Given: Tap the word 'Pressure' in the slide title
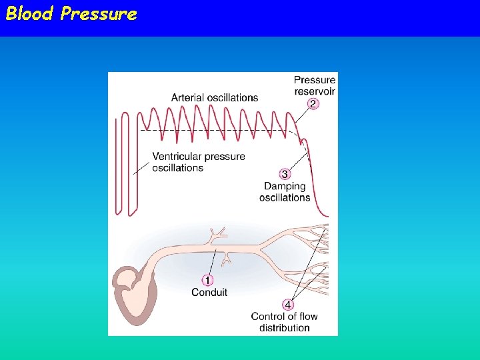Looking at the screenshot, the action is coord(99,14).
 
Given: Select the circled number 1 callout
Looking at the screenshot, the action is coord(208,281).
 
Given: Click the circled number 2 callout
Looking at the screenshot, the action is coord(313,103).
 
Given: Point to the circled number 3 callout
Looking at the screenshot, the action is coord(285,175).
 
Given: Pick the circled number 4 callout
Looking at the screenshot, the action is coord(289,305).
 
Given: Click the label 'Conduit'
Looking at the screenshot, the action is coord(209,292).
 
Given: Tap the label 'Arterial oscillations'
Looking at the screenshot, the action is coord(214,97).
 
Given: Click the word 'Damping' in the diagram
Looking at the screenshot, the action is coord(285,186).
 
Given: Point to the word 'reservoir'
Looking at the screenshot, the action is coord(315,91).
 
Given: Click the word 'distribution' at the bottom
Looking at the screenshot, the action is coord(285,327).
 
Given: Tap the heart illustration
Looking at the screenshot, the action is coord(137,293).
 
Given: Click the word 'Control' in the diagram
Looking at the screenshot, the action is coord(267,317).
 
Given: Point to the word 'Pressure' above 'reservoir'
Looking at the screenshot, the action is coord(315,81).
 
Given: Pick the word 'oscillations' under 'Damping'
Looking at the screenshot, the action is coord(285,197).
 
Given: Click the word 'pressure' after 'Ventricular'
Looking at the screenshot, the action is coord(223,157).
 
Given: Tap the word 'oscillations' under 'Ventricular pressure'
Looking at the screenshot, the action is coord(177,168).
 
